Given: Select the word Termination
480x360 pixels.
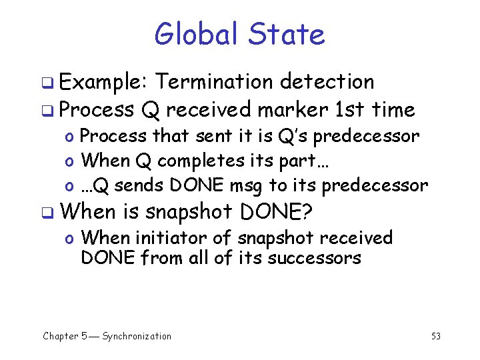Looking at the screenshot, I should (x=215, y=82).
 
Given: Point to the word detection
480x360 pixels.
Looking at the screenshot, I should (x=327, y=82).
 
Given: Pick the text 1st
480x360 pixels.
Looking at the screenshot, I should (x=352, y=109).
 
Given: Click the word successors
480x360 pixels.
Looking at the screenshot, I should (x=314, y=257).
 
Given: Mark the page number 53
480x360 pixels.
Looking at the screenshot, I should (x=436, y=336).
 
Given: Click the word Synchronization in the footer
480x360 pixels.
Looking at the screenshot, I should (x=137, y=336).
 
